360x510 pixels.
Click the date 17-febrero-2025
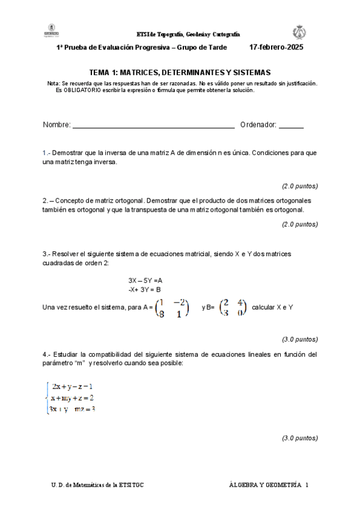276,46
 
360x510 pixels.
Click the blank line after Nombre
153,126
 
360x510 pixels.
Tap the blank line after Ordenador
291,126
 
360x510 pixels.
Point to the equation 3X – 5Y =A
145,280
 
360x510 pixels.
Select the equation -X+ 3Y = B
144,289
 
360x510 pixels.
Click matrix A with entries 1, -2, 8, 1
172,307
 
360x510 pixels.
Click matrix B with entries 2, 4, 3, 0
233,307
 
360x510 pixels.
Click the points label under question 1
300,185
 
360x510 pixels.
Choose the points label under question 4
300,438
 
